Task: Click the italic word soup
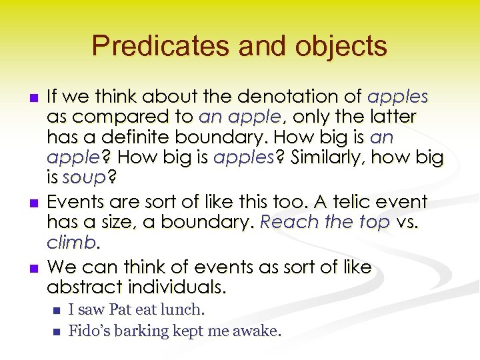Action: click(x=85, y=179)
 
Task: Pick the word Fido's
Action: click(x=89, y=330)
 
